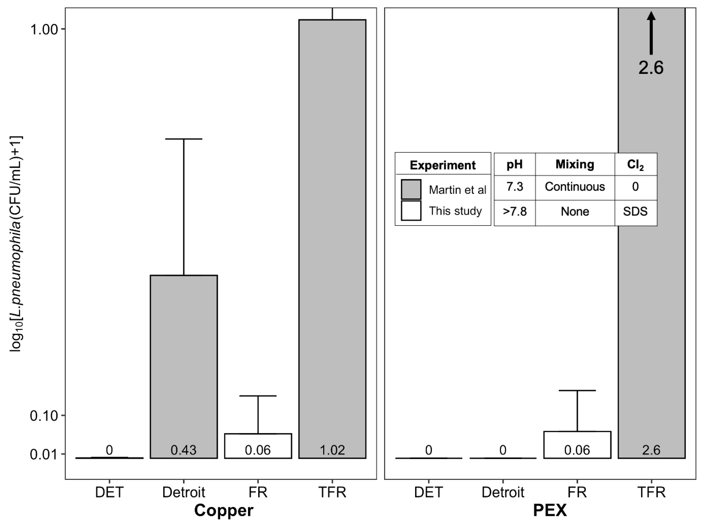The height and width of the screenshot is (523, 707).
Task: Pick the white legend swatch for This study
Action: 411,211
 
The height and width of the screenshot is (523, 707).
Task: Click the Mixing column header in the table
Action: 575,164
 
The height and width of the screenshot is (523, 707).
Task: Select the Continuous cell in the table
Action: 575,187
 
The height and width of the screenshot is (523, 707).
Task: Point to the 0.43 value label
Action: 184,450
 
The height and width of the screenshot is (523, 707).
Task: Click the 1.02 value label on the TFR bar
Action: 332,450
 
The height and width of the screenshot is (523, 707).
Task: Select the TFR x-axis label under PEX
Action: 651,492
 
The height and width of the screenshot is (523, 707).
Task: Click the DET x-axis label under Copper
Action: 109,492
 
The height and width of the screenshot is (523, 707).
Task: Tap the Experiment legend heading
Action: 443,165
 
